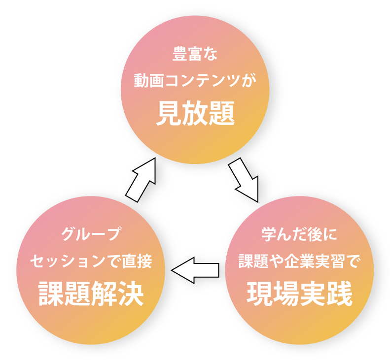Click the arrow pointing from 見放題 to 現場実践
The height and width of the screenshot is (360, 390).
(x=244, y=180)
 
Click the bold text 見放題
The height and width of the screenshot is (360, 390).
(x=195, y=114)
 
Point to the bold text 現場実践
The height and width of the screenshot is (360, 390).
(x=299, y=294)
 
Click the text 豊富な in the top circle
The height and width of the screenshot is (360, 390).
(x=195, y=54)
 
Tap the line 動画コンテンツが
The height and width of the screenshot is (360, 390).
(x=195, y=81)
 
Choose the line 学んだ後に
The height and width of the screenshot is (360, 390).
(x=299, y=234)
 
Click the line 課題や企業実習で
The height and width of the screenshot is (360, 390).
(x=299, y=261)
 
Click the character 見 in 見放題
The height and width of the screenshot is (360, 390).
(x=169, y=114)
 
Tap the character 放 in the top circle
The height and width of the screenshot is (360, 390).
(x=195, y=114)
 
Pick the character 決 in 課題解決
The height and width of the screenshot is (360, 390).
(x=130, y=294)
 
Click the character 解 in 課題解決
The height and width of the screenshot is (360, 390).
(x=104, y=294)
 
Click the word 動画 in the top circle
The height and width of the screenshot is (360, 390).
(x=146, y=81)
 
